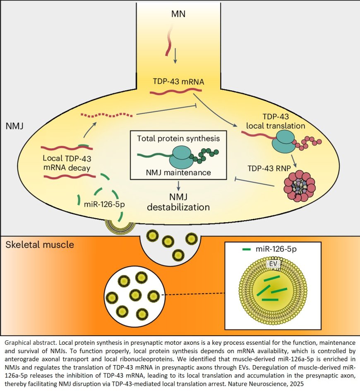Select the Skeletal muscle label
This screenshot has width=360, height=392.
click(x=40, y=245)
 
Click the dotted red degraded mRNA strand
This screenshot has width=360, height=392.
click(x=107, y=114)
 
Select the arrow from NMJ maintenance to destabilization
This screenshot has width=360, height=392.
click(x=178, y=185)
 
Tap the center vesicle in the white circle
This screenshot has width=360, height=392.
click(x=135, y=295)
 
